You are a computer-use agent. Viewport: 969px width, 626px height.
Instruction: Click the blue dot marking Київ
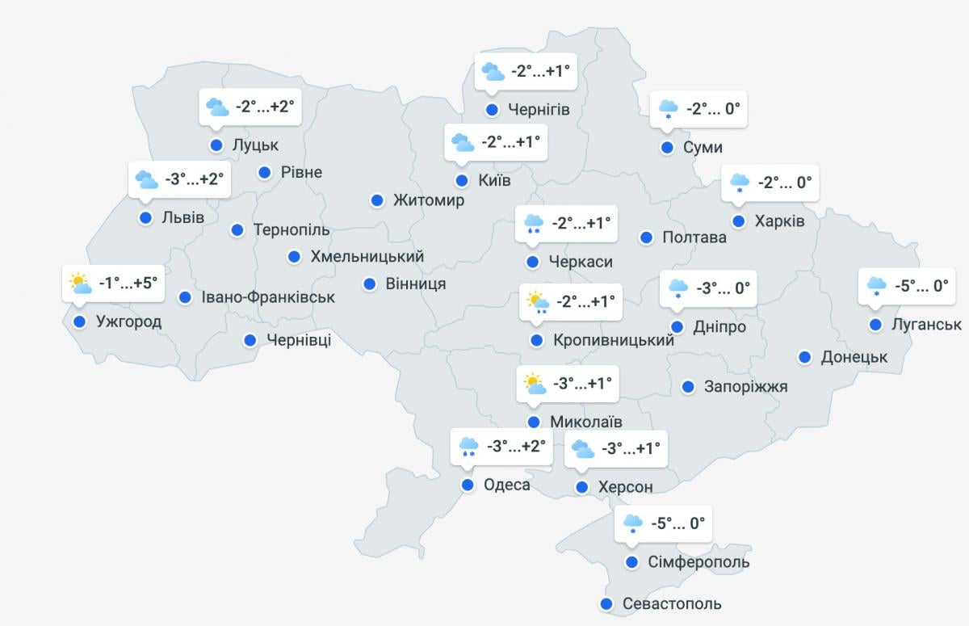click(462, 180)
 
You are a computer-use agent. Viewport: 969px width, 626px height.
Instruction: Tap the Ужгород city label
click(128, 321)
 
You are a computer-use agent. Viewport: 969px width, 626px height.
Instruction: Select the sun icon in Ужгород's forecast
click(79, 282)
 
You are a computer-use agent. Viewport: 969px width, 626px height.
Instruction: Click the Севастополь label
click(672, 603)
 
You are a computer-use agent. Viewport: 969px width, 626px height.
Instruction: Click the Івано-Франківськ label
click(269, 297)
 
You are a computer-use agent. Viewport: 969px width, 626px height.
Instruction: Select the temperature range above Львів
click(194, 179)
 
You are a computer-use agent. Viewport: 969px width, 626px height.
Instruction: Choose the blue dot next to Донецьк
click(805, 357)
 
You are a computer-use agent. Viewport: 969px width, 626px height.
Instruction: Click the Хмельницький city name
click(367, 257)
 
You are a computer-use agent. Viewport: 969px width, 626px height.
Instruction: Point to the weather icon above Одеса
click(468, 446)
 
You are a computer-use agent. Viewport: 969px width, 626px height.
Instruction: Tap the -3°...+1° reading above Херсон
click(631, 447)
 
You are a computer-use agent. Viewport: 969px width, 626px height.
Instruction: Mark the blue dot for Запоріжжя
click(688, 387)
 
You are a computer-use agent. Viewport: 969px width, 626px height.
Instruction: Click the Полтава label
click(694, 237)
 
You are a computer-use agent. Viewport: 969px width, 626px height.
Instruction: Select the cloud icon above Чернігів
click(493, 72)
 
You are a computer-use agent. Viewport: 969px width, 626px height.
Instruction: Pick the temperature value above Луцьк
click(265, 107)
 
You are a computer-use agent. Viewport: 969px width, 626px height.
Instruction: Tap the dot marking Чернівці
click(250, 340)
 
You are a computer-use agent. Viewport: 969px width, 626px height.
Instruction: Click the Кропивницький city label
click(614, 341)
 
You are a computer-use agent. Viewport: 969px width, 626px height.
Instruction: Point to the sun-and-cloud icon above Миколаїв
click(535, 383)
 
